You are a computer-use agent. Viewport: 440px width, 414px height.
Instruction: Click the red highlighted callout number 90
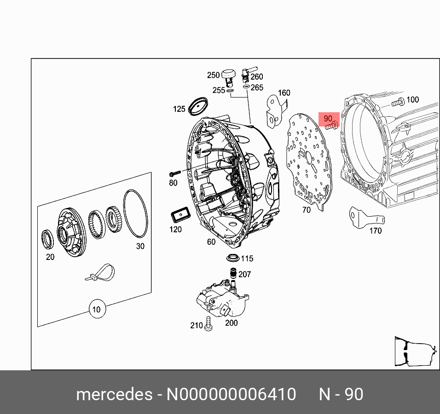(x=328, y=119)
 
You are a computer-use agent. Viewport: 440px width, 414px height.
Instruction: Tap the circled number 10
(x=96, y=309)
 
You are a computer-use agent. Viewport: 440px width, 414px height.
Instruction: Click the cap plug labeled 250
(x=229, y=75)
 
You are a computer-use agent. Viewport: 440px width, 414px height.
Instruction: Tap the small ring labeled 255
(x=230, y=91)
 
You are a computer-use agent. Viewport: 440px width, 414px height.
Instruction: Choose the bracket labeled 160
(x=275, y=112)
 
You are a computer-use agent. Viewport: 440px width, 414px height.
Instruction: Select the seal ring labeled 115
(x=233, y=257)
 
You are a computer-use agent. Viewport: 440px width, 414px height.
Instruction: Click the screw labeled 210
(x=209, y=324)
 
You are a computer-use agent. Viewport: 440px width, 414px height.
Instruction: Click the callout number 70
(x=306, y=210)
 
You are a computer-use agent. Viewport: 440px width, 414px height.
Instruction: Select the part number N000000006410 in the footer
(x=231, y=394)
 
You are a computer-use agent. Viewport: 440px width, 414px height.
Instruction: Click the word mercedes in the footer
(x=114, y=394)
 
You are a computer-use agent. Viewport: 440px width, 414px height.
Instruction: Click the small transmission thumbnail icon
(x=414, y=352)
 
